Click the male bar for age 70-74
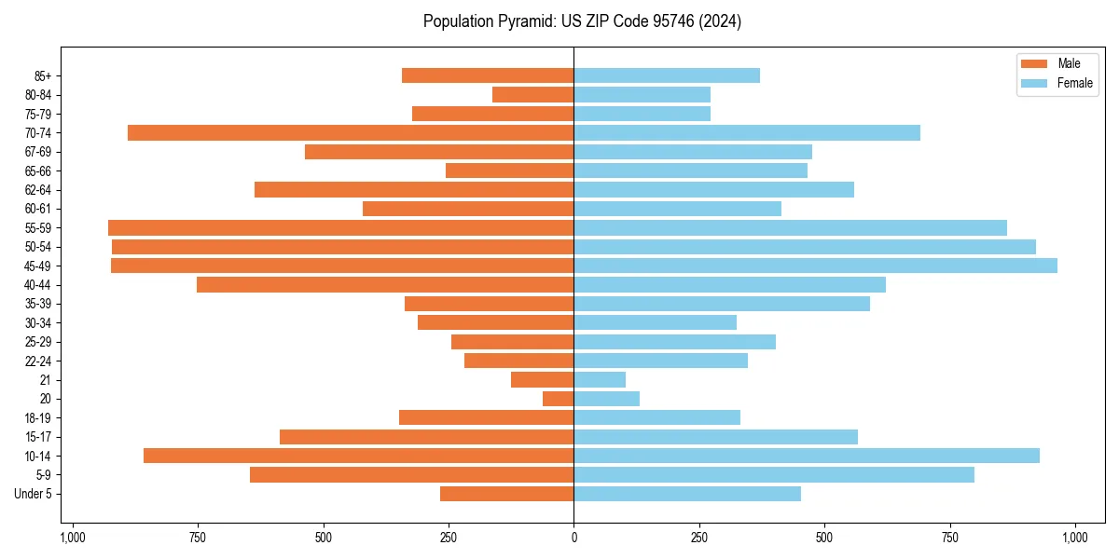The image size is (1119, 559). (x=351, y=133)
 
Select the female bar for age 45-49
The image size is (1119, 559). (x=815, y=266)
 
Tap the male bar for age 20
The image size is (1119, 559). (x=558, y=399)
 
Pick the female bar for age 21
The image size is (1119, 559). (x=600, y=380)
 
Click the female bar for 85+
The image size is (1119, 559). (x=667, y=75)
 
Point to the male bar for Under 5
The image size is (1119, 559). (x=506, y=494)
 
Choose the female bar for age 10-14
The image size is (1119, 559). (x=807, y=456)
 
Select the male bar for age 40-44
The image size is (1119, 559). (x=385, y=285)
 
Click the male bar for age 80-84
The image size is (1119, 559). (x=532, y=95)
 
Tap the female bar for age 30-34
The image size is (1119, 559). (x=655, y=323)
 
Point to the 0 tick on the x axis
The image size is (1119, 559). (x=573, y=538)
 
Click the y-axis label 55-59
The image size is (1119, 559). (x=38, y=228)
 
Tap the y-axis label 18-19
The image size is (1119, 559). (x=38, y=418)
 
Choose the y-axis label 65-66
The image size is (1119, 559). (x=38, y=171)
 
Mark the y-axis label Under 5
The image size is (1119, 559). (x=34, y=494)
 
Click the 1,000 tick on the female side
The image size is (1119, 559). (x=1075, y=538)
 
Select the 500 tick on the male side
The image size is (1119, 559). (x=324, y=538)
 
